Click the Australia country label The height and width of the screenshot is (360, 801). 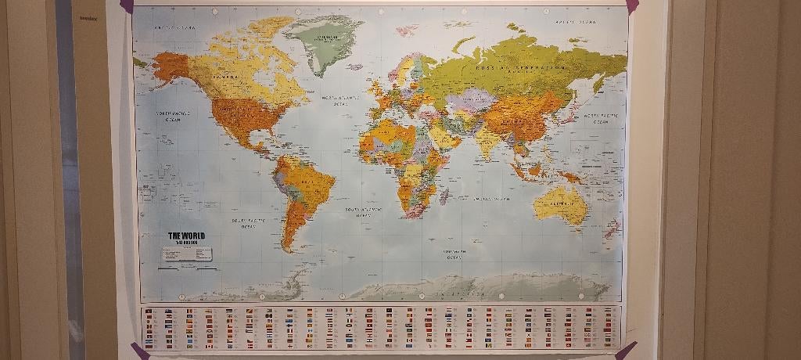(563, 204)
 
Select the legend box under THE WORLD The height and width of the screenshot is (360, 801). (188, 254)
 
